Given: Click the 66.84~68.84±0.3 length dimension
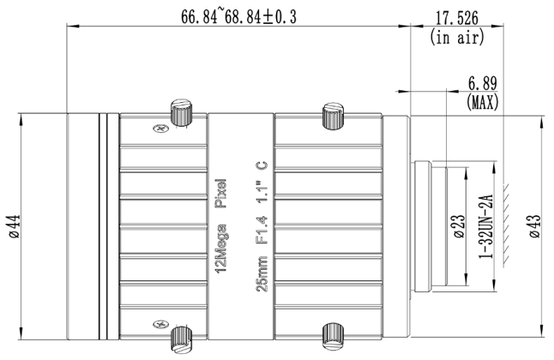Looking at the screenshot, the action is [239, 16].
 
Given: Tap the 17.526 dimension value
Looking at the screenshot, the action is [456, 18].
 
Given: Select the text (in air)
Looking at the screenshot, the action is [456, 37].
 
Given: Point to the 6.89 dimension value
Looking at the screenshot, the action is [482, 83].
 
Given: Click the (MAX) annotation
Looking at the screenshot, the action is [482, 102].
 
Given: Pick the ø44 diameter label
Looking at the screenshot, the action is [15, 226].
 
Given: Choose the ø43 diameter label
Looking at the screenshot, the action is [534, 226].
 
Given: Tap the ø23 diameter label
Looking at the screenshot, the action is [458, 226].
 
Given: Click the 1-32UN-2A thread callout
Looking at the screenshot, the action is [485, 226].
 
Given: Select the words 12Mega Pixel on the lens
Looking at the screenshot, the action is [221, 226].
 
